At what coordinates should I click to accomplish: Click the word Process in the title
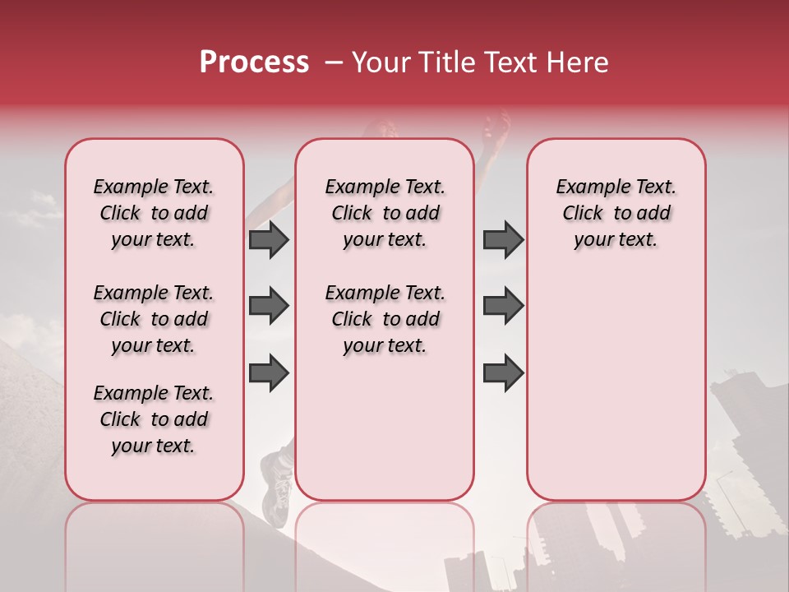coord(254,62)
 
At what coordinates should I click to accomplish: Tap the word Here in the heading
coord(579,62)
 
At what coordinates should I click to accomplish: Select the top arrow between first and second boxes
coord(269,239)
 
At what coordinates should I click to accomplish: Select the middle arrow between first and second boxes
coord(269,306)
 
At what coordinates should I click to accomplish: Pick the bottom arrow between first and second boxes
coord(269,372)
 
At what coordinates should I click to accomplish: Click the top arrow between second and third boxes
coord(503,239)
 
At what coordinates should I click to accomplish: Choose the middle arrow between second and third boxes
coord(503,306)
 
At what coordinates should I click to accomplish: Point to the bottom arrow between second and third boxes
coord(503,372)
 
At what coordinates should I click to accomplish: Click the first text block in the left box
coord(154,213)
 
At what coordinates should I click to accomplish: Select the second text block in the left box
coord(154,319)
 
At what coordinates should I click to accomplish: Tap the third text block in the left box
coord(154,419)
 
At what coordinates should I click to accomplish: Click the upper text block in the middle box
coord(385,213)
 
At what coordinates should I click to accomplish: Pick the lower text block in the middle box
coord(385,319)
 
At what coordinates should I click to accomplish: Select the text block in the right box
coord(616,213)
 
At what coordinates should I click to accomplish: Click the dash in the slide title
coord(335,62)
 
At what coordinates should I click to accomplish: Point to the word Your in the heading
coord(379,62)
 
